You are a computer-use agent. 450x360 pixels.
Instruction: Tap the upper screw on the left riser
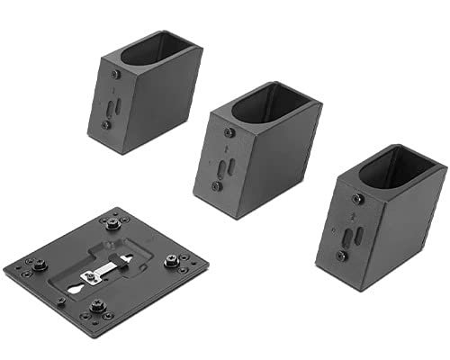115,75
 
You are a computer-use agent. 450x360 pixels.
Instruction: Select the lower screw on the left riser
107,124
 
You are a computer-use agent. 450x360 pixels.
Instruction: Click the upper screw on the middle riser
229,132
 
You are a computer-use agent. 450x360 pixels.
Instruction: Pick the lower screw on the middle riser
216,186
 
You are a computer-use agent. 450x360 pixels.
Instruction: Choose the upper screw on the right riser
358,199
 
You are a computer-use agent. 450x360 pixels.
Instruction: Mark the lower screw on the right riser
341,256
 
